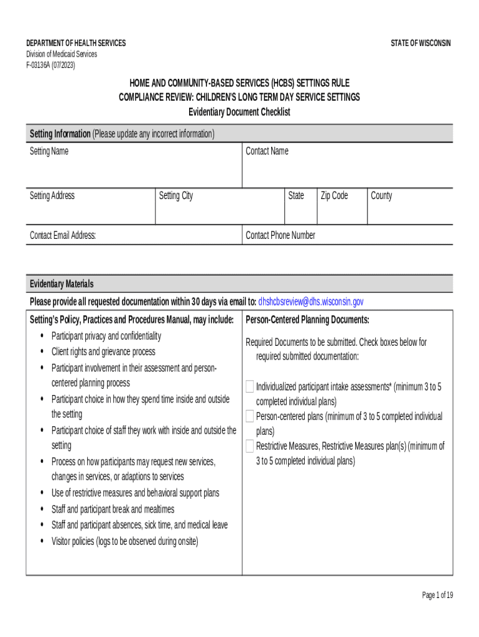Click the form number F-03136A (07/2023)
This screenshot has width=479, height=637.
(x=50, y=65)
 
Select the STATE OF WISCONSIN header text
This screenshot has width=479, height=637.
(x=421, y=43)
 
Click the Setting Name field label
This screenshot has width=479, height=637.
(x=49, y=151)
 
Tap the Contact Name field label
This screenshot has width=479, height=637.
(x=267, y=151)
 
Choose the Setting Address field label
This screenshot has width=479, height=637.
(x=52, y=196)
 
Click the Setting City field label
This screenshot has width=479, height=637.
(x=176, y=196)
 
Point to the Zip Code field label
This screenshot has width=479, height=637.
(x=334, y=196)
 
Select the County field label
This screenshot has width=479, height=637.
(x=381, y=196)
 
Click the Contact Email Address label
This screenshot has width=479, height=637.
(x=63, y=235)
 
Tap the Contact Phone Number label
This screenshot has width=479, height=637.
(x=281, y=235)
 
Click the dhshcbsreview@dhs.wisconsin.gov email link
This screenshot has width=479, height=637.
(x=310, y=302)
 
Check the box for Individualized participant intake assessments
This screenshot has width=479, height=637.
(x=250, y=386)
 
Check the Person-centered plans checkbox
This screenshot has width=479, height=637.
(x=250, y=416)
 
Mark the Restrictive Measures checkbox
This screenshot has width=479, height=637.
(x=250, y=446)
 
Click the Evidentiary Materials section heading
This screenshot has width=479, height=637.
(x=62, y=284)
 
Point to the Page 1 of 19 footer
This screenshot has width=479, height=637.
(x=437, y=595)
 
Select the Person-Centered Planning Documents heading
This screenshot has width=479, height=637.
(x=307, y=320)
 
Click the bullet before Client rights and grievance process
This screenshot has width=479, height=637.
(x=42, y=352)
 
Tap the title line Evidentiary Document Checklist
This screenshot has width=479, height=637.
(x=239, y=112)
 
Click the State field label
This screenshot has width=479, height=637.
(x=296, y=196)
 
